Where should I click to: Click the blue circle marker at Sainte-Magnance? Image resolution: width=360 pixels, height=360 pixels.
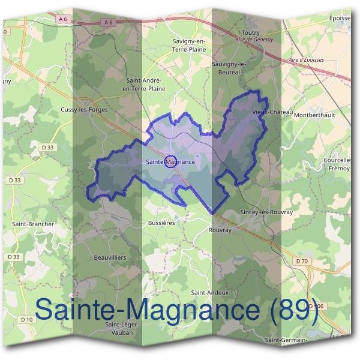coord(170,162)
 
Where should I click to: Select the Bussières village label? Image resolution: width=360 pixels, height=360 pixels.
coord(161,221)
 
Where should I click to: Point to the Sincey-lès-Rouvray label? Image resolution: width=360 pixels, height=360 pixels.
coord(266,212)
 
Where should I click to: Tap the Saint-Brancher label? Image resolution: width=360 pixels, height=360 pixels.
coord(33,224)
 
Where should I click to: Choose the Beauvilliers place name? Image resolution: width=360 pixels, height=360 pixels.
coord(110,257)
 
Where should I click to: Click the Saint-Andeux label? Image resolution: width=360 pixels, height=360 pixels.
coord(209,292)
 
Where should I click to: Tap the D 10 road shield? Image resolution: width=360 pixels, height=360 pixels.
coord(26,319)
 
